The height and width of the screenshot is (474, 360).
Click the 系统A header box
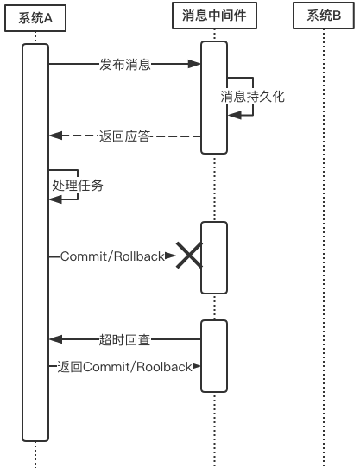pyautogui.click(x=35, y=16)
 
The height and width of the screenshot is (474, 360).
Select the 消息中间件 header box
pyautogui.click(x=214, y=16)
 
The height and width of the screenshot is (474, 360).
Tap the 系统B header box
pyautogui.click(x=324, y=16)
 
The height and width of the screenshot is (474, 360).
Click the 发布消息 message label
pyautogui.click(x=125, y=64)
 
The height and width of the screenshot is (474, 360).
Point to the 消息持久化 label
pyautogui.click(x=252, y=96)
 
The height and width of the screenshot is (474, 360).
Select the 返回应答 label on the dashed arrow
pyautogui.click(x=125, y=136)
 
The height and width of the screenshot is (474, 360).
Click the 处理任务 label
pyautogui.click(x=78, y=184)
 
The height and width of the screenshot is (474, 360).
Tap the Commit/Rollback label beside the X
pyautogui.click(x=111, y=256)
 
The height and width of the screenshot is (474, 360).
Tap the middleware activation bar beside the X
pyautogui.click(x=214, y=258)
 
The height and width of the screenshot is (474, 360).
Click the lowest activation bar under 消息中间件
pyautogui.click(x=214, y=357)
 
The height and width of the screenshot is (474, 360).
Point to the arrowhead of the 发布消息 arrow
pyautogui.click(x=196, y=64)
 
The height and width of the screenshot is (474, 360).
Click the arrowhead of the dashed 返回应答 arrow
pyautogui.click(x=54, y=136)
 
